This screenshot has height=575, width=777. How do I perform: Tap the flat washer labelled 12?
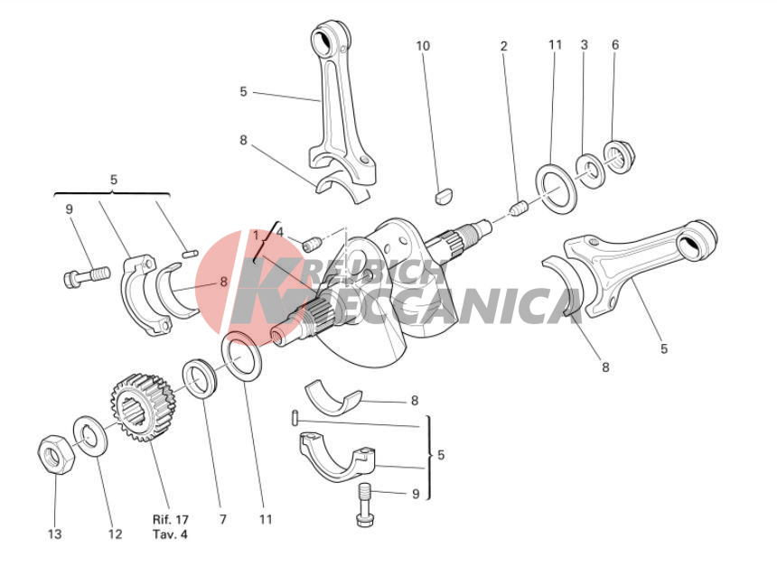[90, 436]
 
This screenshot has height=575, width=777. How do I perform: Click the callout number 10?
[423, 46]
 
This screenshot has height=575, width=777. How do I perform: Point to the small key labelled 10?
[443, 194]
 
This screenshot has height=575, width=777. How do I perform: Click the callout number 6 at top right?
[615, 45]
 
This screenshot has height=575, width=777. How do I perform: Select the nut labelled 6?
[619, 157]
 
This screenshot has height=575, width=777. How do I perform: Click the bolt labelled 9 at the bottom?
[364, 505]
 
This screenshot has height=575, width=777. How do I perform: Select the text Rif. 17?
[171, 520]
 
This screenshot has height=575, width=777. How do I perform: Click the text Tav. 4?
[170, 534]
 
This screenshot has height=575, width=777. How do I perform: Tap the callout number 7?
[223, 520]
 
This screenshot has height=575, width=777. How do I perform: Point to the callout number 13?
[55, 534]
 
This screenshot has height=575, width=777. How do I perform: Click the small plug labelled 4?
[311, 244]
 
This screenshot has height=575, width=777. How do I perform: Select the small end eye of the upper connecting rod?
[328, 40]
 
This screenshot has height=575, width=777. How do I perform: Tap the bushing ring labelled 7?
[201, 377]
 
